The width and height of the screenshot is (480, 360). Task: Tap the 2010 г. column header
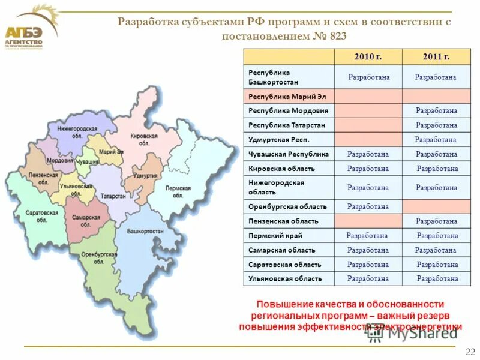click(368, 57)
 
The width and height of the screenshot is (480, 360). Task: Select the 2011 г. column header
click(436, 57)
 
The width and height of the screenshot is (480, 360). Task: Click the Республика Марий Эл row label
click(280, 96)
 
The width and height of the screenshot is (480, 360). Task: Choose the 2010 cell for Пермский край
click(368, 236)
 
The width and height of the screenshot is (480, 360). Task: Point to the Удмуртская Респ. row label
click(277, 140)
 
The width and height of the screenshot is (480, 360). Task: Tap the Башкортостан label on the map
click(145, 231)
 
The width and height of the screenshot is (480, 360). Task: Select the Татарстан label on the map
click(113, 196)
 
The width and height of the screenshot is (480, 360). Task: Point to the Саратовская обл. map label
click(42, 216)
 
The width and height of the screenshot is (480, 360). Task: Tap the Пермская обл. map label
click(178, 192)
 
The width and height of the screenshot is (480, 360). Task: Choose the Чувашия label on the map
click(88, 163)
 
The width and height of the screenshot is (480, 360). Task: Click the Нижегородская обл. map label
click(77, 132)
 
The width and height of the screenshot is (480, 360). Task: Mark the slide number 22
click(470, 350)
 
